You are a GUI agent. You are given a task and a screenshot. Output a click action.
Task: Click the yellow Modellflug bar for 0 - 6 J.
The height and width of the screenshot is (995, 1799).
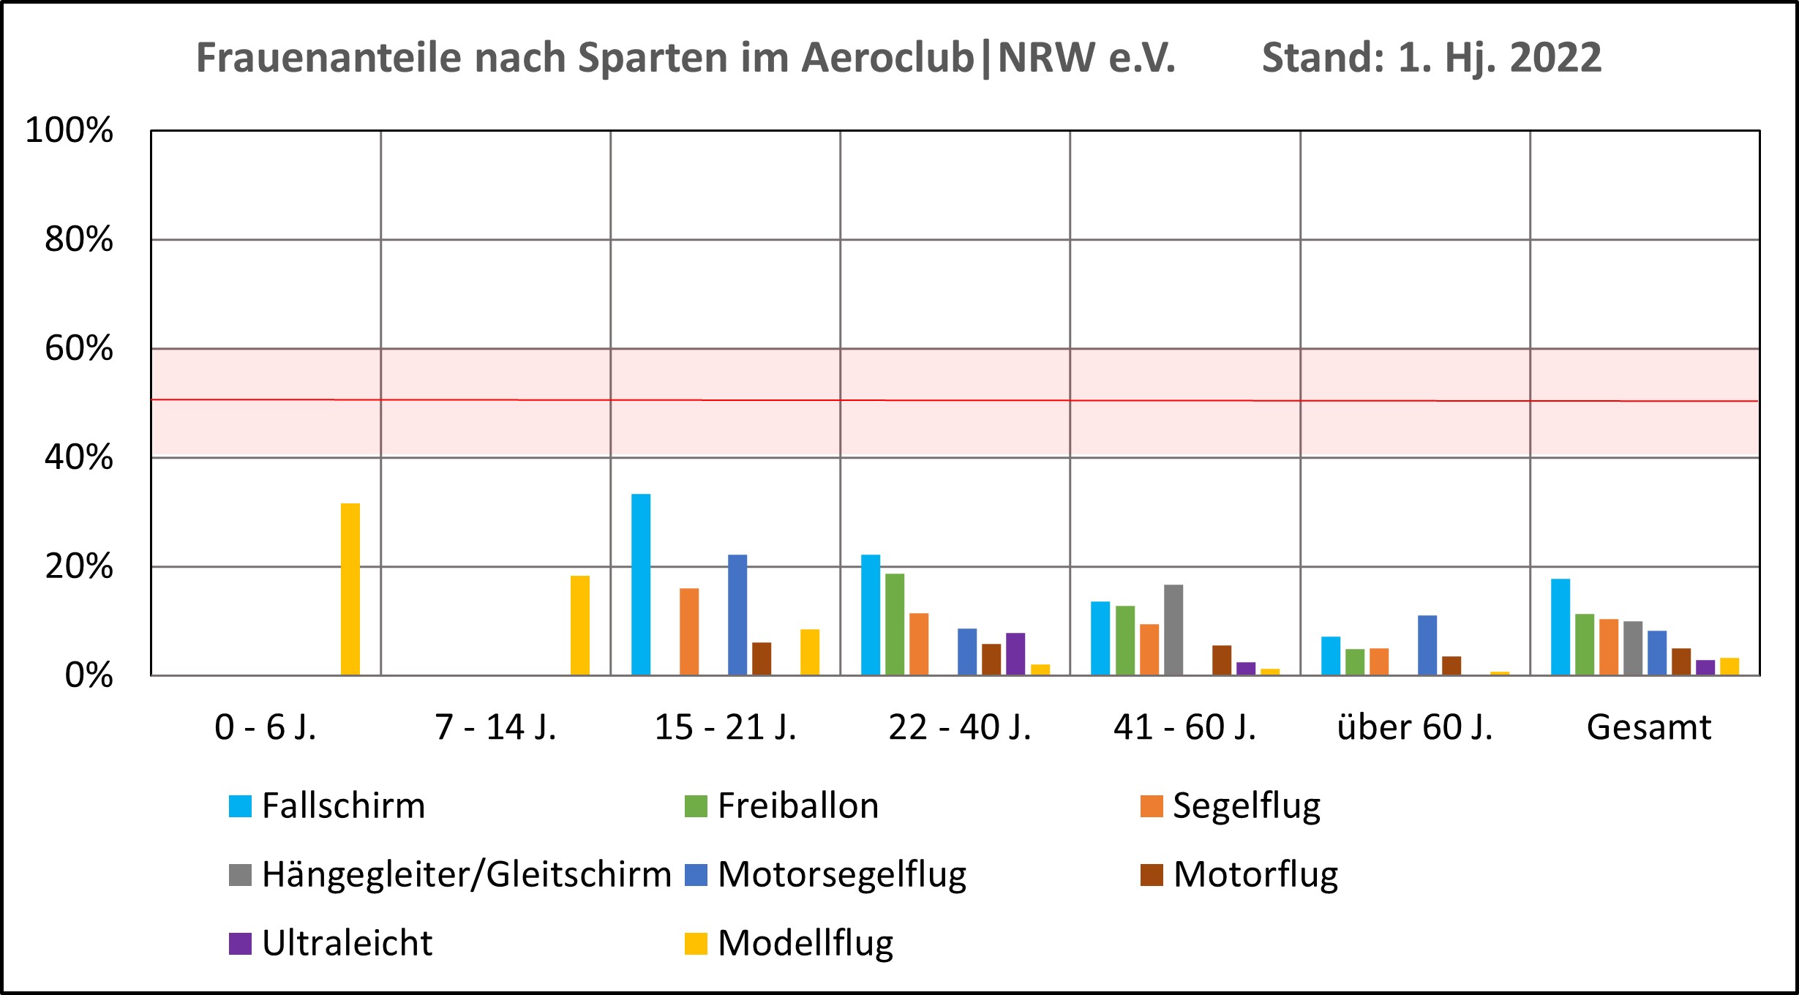[x=350, y=589]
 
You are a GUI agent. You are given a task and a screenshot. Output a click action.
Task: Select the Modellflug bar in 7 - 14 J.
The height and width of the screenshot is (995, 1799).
[x=580, y=625]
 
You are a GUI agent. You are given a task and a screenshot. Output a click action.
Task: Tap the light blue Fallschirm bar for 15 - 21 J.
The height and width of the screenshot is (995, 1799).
[x=641, y=584]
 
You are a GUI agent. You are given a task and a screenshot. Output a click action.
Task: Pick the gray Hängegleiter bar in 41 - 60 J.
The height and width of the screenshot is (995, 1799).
[x=1173, y=629]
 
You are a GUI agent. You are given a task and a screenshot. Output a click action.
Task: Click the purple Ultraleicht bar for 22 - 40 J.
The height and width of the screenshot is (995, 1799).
[x=1015, y=653]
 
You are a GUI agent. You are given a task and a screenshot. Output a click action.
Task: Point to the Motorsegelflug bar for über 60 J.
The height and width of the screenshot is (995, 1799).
[x=1427, y=645]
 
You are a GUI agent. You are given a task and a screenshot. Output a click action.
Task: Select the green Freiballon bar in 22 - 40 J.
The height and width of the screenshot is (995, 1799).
[x=895, y=623]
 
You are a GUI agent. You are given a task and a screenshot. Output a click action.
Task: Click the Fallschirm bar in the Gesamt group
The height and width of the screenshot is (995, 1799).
[x=1560, y=626]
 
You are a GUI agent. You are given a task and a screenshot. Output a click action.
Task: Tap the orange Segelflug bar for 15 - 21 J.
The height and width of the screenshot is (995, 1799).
[x=689, y=631]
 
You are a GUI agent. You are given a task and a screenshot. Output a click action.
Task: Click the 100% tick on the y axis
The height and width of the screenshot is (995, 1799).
[x=70, y=130]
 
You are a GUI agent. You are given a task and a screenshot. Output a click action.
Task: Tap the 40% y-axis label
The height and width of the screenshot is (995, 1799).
[x=79, y=457]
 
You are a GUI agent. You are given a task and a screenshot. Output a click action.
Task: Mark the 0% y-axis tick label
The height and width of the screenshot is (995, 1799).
[x=89, y=675]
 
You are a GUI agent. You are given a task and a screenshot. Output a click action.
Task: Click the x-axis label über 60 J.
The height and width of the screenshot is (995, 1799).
[x=1415, y=727]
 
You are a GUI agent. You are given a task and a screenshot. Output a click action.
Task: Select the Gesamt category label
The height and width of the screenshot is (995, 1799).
[x=1649, y=727]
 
